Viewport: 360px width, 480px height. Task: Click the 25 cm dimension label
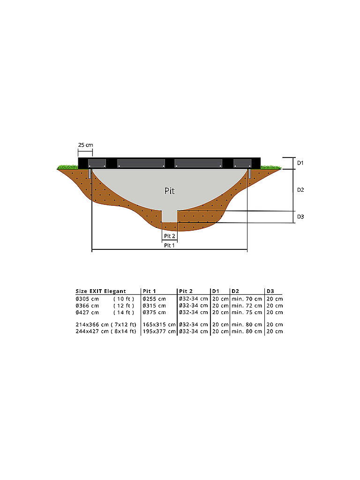tap(85, 145)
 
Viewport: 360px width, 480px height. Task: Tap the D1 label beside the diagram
tap(300, 163)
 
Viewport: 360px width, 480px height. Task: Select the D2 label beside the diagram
tap(300, 190)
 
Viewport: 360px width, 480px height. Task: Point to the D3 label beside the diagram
tap(300, 217)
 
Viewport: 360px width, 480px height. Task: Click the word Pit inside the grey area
tap(170, 191)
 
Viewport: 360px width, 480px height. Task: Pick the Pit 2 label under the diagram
tap(170, 236)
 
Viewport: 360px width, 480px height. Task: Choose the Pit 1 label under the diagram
tap(169, 246)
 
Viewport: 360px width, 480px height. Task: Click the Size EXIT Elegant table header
tap(101, 291)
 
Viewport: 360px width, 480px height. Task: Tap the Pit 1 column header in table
tap(150, 291)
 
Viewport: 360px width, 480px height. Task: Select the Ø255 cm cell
tap(154, 299)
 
